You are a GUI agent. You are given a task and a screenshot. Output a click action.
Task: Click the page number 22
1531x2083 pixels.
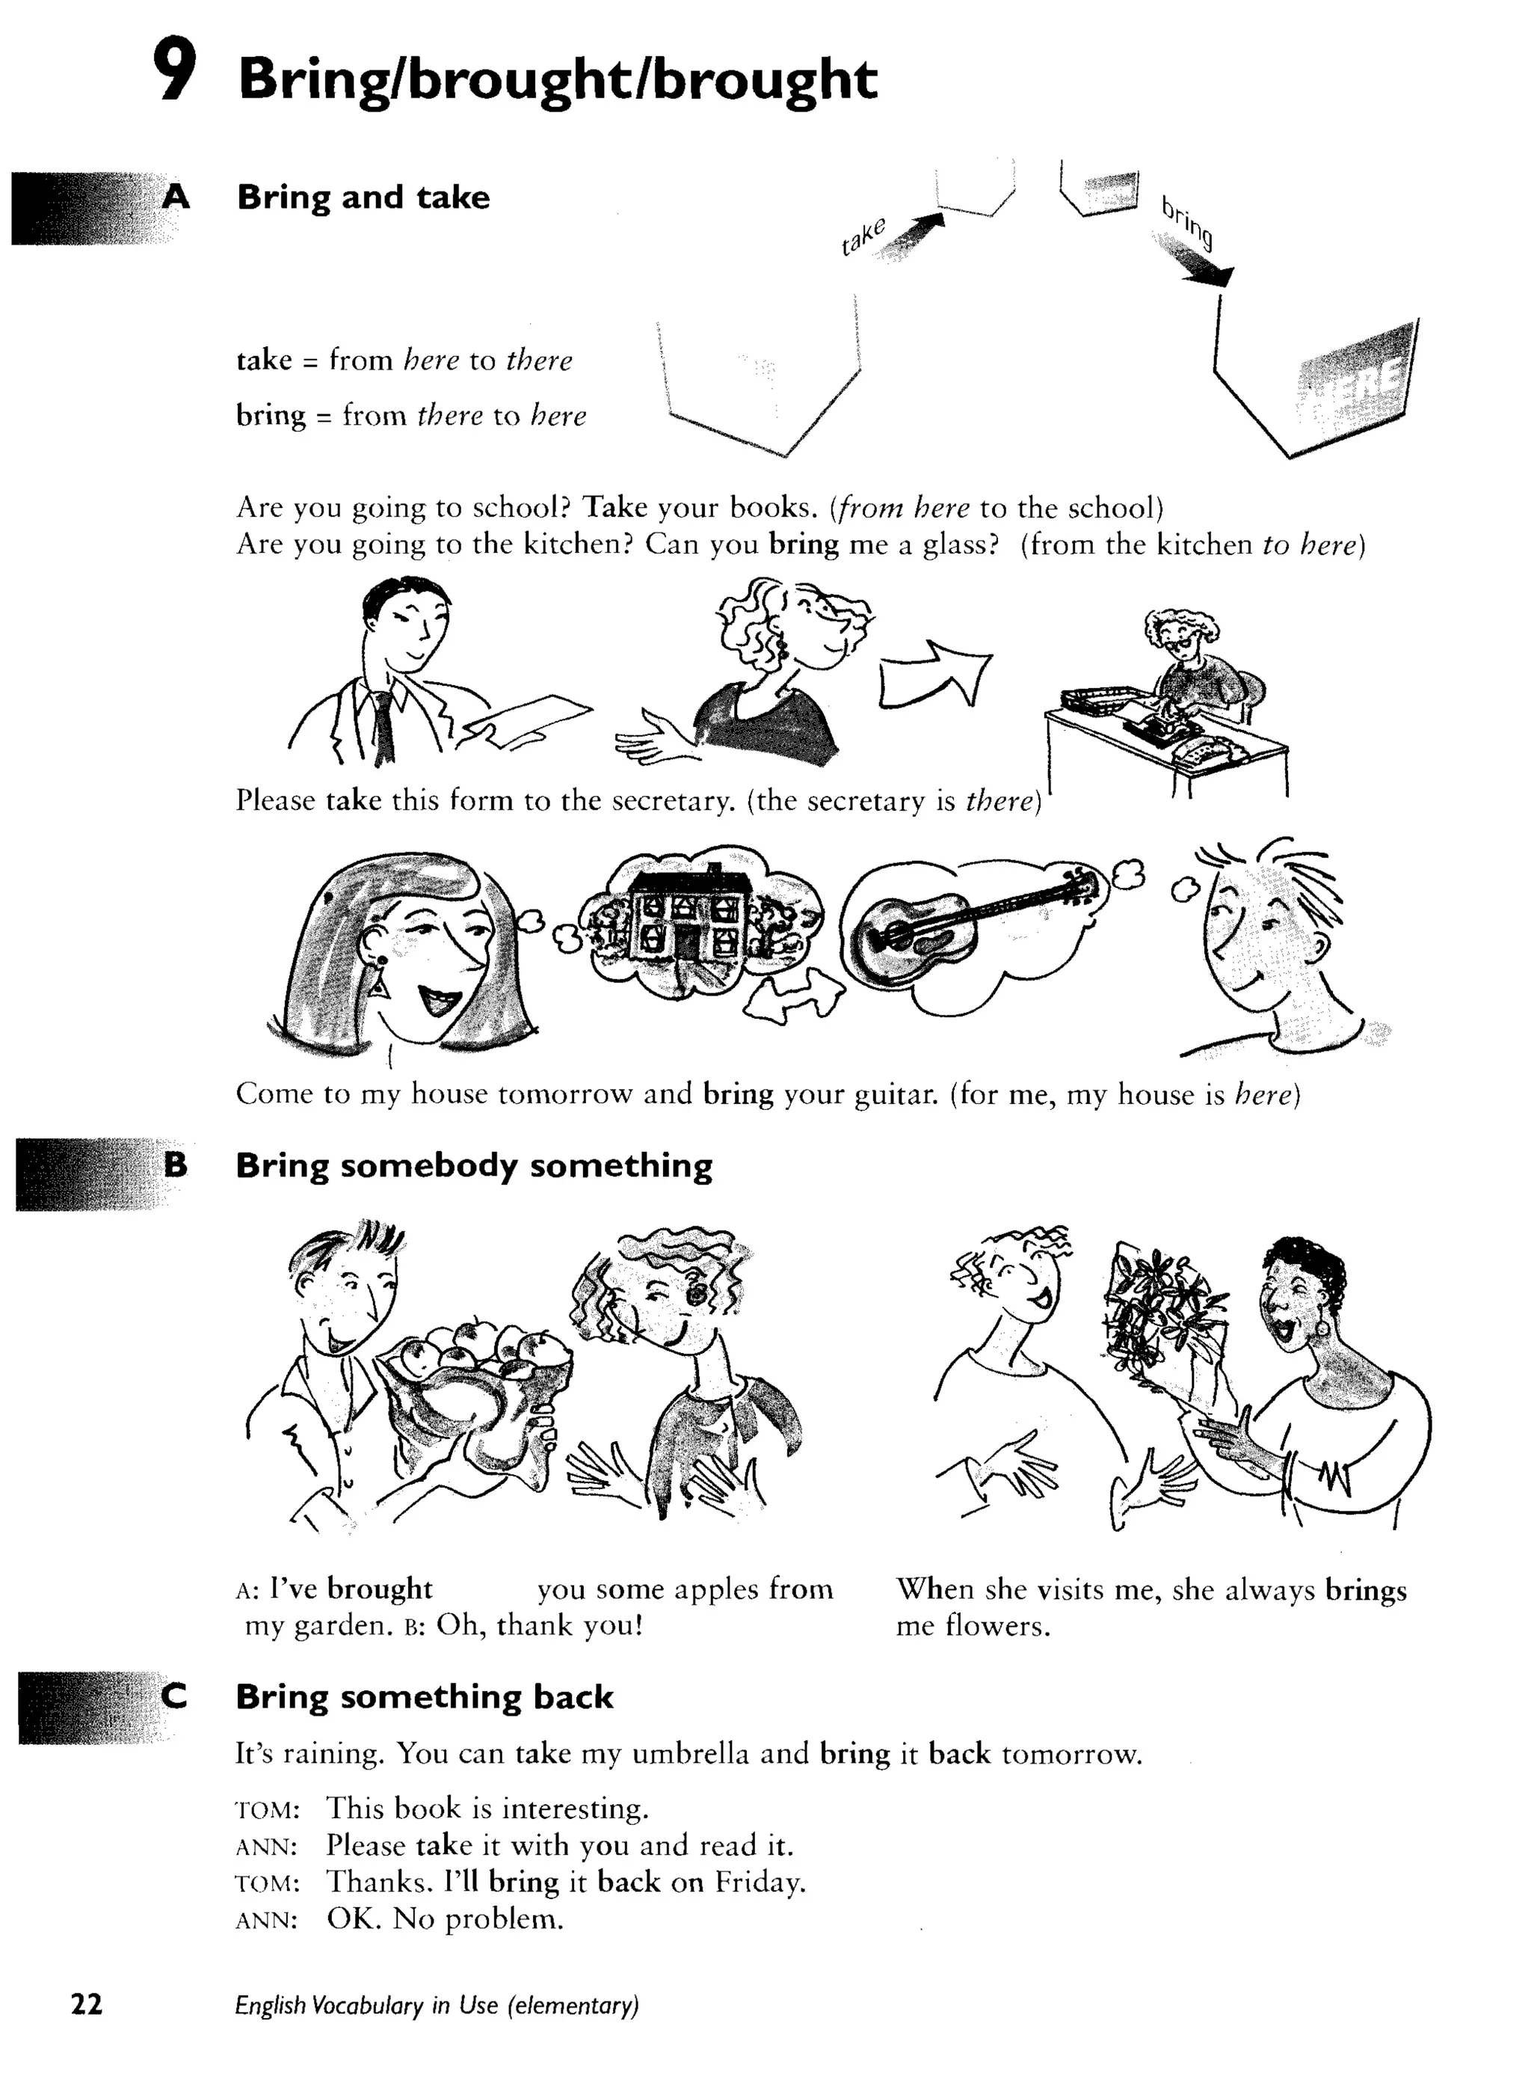(87, 2005)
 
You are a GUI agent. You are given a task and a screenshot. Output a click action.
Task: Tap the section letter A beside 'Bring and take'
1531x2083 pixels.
(176, 197)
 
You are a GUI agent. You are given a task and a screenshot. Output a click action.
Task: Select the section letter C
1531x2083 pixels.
(174, 1696)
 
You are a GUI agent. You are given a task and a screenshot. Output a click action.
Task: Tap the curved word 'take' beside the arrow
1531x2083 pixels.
(863, 236)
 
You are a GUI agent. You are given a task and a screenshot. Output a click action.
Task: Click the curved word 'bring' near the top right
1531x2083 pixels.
(1187, 222)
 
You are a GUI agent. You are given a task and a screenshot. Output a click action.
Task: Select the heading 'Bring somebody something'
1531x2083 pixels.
(473, 1165)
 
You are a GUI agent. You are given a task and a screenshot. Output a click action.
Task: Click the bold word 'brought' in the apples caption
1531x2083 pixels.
(379, 1589)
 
